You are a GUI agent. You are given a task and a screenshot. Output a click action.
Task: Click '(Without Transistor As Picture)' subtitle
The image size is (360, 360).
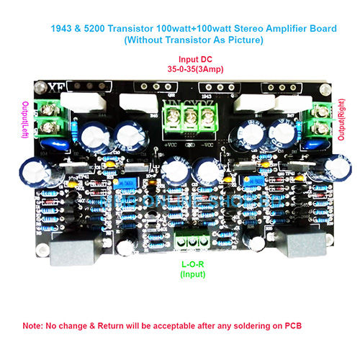[x=180, y=40]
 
